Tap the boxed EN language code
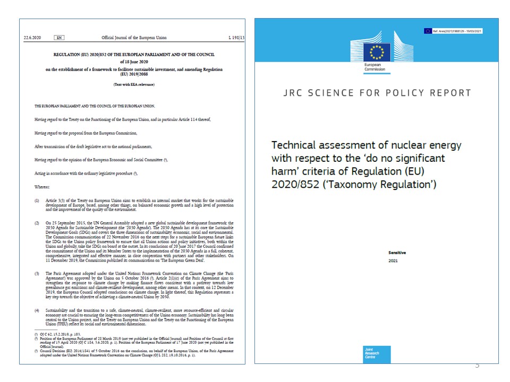coord(59,38)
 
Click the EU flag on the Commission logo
coord(377,52)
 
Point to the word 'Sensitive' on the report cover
coord(396,253)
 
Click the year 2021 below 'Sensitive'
coord(393,261)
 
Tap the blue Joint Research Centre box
coord(376,354)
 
